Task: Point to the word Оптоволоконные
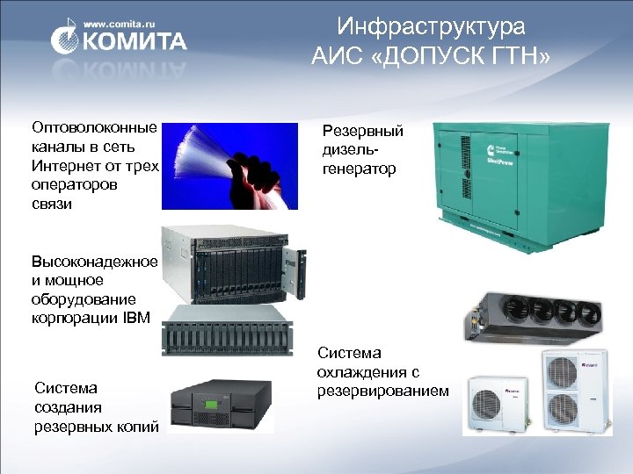(94, 128)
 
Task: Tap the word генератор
(360, 168)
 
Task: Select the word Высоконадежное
(94, 262)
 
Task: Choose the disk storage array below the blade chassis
(229, 331)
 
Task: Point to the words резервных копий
(96, 427)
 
